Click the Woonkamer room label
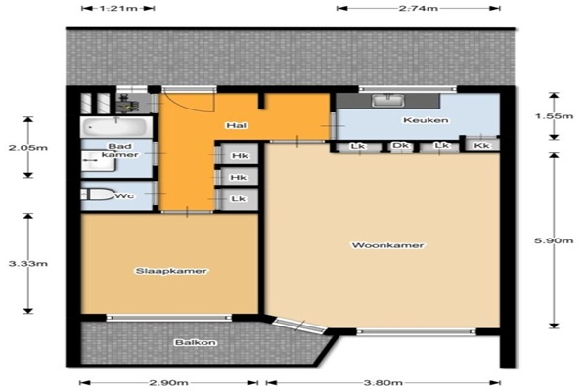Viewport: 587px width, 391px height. point(387,245)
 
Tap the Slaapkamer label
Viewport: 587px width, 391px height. point(171,271)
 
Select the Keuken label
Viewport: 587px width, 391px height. point(426,120)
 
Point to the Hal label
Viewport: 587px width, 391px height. point(236,125)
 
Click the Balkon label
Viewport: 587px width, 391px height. point(195,342)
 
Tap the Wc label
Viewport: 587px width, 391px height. point(124,195)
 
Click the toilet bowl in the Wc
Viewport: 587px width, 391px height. point(98,195)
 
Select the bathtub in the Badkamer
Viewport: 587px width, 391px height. point(114,127)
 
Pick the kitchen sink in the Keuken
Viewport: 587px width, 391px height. point(388,100)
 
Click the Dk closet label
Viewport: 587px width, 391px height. point(401,145)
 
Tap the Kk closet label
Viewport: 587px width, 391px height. point(481,145)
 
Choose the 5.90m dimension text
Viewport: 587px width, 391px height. point(554,240)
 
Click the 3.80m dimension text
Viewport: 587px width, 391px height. point(383,383)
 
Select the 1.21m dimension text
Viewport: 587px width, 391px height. point(118,8)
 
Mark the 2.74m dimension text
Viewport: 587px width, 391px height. point(418,8)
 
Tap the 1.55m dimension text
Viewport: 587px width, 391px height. point(554,116)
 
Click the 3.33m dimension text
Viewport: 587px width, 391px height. point(28,263)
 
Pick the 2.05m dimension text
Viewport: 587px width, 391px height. point(28,147)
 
